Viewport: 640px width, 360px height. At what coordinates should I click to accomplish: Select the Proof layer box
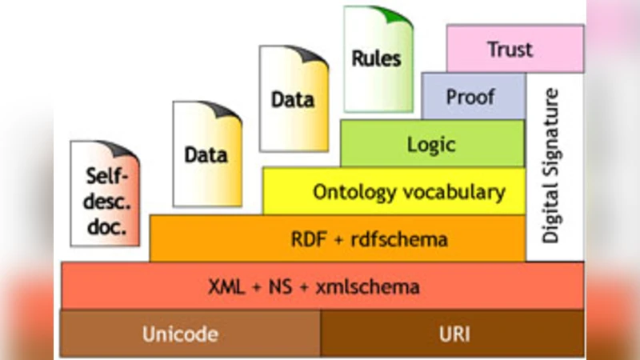(x=472, y=97)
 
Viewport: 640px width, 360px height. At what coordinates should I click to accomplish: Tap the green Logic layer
(x=432, y=144)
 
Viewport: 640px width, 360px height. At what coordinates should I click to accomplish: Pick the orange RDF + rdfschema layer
(x=337, y=238)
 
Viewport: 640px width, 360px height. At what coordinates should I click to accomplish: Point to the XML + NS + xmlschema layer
(x=321, y=286)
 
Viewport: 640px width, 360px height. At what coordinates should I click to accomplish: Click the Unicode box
(x=190, y=333)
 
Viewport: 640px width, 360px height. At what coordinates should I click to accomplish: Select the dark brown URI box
(x=453, y=333)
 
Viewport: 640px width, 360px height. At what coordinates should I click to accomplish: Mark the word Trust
(x=510, y=49)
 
